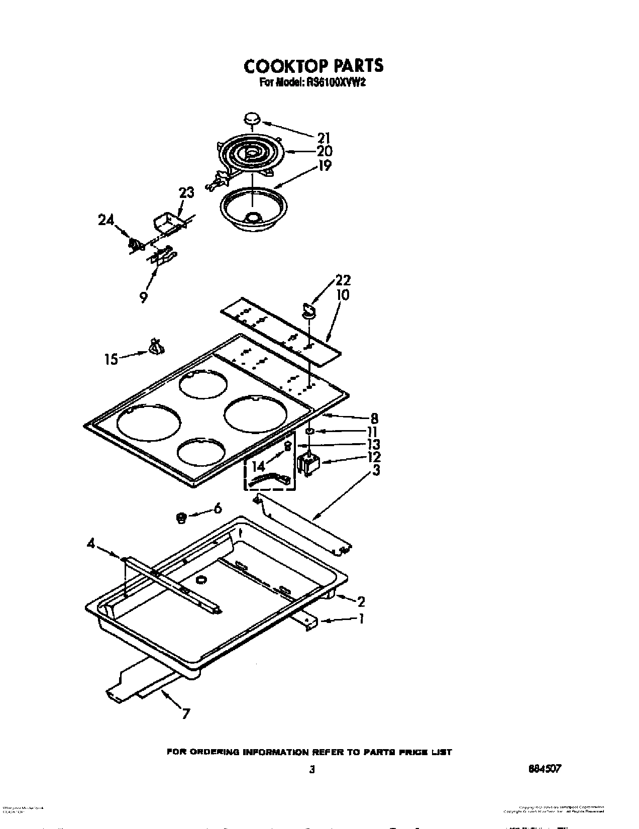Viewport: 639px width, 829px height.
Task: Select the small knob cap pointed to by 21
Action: [x=253, y=119]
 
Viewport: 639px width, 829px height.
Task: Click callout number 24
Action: [x=106, y=220]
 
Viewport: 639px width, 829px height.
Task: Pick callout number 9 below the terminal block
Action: [x=144, y=297]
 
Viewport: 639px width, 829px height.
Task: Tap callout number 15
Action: [x=111, y=359]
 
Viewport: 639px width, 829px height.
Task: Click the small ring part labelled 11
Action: [x=310, y=431]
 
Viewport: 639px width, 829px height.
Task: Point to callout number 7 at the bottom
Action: [x=186, y=713]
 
